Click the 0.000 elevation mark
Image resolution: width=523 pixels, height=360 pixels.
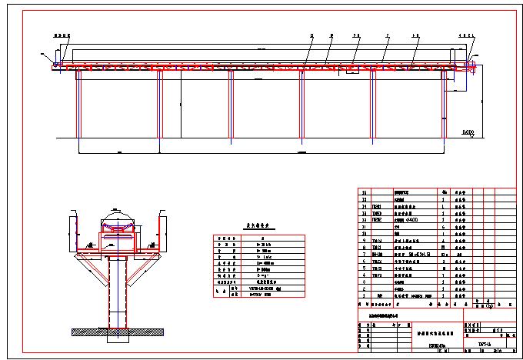coord(467,133)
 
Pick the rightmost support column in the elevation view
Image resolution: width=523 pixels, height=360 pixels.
coord(445,108)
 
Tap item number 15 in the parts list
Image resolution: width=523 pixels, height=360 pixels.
coord(364,192)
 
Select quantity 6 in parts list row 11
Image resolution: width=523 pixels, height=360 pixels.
coord(444,228)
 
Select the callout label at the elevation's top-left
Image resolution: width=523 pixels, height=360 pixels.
coord(61,35)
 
